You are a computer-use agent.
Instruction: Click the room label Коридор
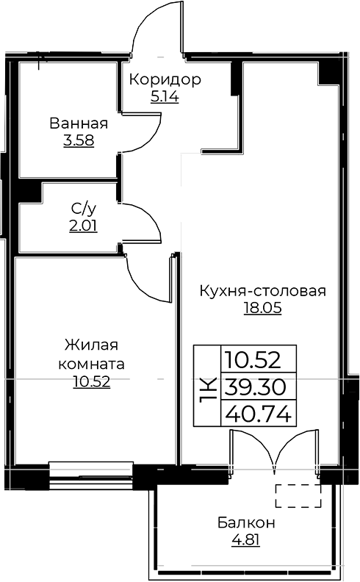[x=165, y=80]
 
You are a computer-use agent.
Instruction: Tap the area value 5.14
[x=165, y=97]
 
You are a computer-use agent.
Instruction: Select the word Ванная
[x=79, y=123]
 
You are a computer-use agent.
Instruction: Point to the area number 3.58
[x=79, y=140]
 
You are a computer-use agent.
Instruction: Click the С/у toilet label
[x=84, y=209]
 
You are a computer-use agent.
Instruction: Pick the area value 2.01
[x=84, y=226]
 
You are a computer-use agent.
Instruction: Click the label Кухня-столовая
[x=263, y=290]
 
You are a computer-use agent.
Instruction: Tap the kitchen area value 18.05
[x=263, y=308]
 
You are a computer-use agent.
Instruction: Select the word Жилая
[x=91, y=345]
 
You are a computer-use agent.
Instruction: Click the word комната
[x=91, y=364]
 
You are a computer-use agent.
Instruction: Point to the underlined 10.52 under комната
[x=92, y=381]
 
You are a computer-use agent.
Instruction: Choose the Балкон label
[x=246, y=522]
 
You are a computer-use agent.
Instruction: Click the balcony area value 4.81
[x=245, y=540]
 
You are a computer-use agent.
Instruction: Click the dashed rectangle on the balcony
[x=298, y=496]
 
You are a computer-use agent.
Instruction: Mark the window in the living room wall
[x=91, y=475]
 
